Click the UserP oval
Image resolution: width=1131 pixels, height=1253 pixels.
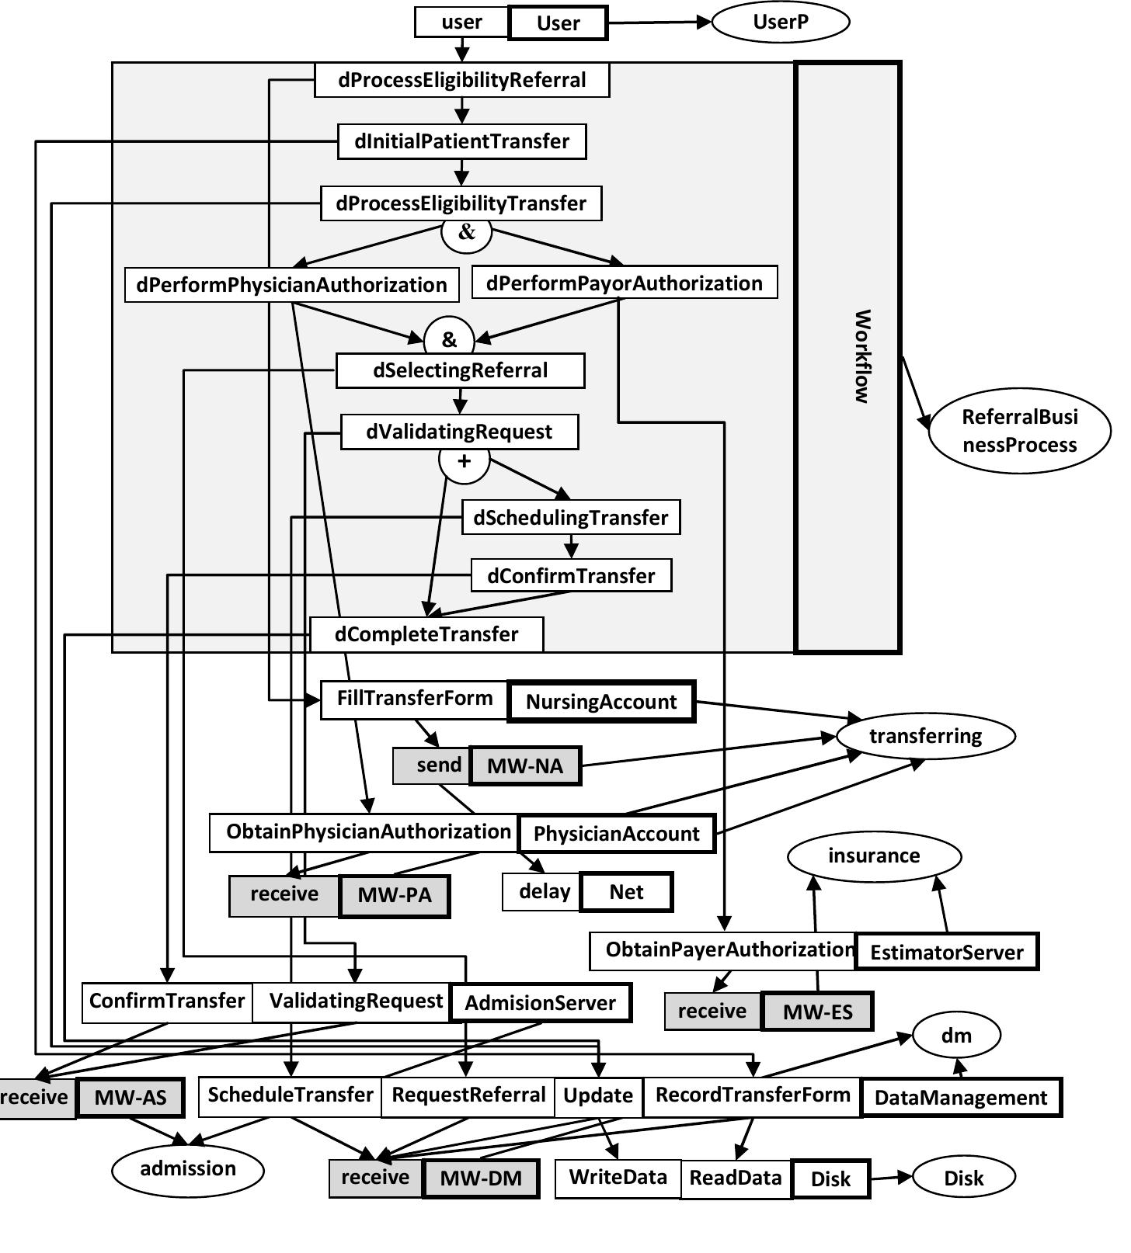[780, 22]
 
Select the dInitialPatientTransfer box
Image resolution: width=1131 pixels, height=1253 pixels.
[461, 141]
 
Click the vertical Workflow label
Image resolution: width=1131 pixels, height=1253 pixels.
[861, 356]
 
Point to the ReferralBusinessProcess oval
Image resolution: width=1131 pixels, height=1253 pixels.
[1019, 431]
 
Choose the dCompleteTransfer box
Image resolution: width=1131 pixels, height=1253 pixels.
[426, 634]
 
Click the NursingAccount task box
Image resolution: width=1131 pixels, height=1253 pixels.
[600, 702]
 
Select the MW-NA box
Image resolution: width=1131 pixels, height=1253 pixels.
[525, 766]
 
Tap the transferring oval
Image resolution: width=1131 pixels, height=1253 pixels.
[925, 736]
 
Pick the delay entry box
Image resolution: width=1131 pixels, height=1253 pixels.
[544, 891]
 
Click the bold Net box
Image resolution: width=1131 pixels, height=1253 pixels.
[626, 892]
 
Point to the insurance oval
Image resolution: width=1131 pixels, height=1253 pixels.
[874, 856]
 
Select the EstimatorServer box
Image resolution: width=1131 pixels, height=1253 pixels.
[946, 953]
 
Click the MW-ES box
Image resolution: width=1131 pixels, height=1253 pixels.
[817, 1012]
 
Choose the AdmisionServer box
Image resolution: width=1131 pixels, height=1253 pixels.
[540, 1003]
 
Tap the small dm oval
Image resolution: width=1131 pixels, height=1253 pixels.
[956, 1036]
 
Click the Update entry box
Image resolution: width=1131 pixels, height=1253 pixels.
[598, 1096]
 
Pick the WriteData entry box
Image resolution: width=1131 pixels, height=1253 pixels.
[618, 1178]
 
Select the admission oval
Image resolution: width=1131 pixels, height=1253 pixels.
[188, 1168]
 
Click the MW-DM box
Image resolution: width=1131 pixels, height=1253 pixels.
[480, 1178]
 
